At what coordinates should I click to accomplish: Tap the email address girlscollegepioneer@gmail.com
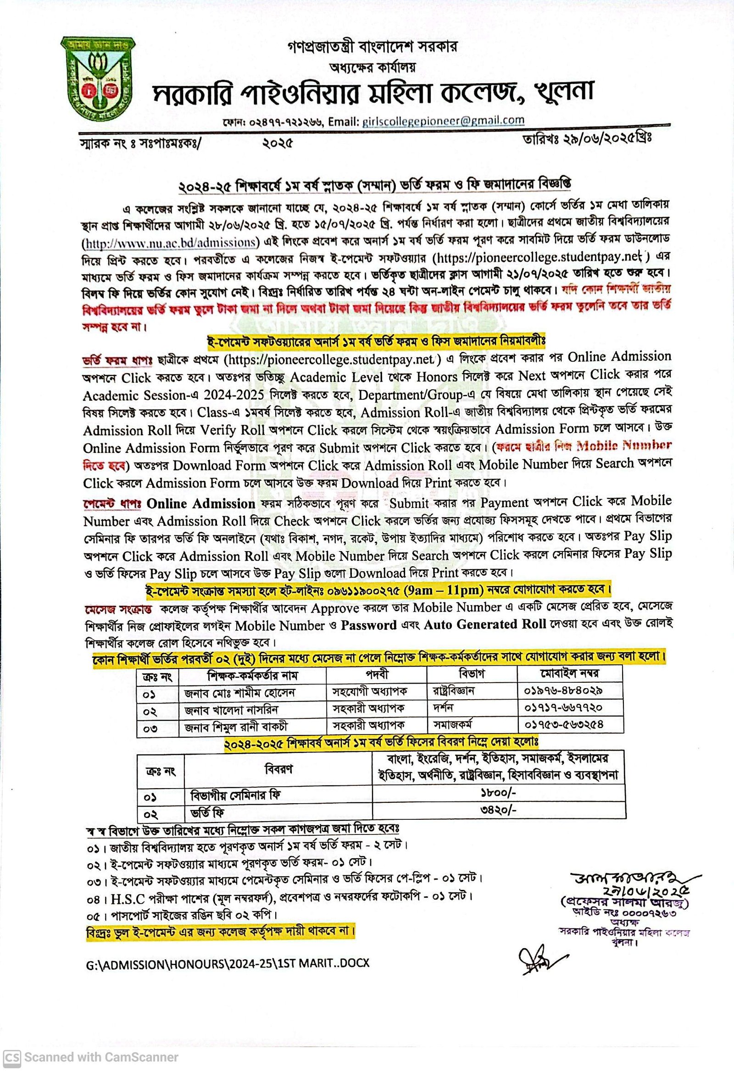coord(443,121)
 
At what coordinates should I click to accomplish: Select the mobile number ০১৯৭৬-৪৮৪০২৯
coord(563,690)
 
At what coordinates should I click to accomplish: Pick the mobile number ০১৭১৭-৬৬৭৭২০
coord(563,707)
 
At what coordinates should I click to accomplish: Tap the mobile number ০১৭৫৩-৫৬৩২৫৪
coord(563,724)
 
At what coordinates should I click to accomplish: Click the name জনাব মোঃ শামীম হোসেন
coord(239,692)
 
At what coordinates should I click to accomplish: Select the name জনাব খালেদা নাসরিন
coord(231,709)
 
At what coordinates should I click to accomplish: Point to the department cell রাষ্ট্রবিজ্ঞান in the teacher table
coord(454,690)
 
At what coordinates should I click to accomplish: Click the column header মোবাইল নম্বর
coord(569,674)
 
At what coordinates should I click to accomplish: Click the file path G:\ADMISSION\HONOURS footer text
coord(228,964)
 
